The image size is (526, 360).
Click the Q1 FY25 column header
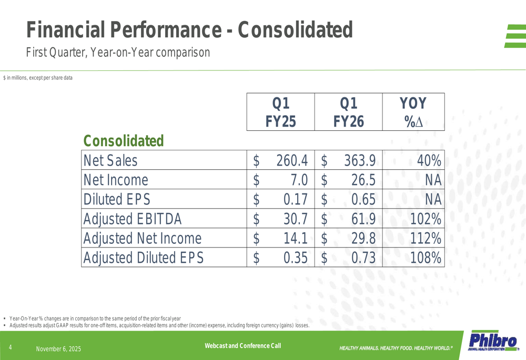click(280, 112)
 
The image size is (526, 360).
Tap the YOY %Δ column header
click(413, 112)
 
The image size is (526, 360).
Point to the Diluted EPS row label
click(117, 199)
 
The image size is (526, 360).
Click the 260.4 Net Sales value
click(292, 160)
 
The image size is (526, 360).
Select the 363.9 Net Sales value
click(360, 160)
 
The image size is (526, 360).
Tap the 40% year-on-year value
click(429, 160)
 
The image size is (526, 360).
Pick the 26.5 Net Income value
click(363, 180)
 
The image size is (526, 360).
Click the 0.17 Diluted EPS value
click(295, 199)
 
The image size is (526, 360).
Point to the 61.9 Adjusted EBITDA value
click(363, 219)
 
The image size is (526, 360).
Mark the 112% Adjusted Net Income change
click(426, 239)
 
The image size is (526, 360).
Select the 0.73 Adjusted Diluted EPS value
click(363, 258)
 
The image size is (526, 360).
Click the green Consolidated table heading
click(124, 141)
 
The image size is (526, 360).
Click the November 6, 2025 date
click(58, 349)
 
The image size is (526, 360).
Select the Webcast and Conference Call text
click(242, 345)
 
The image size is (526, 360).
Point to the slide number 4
click(10, 347)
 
